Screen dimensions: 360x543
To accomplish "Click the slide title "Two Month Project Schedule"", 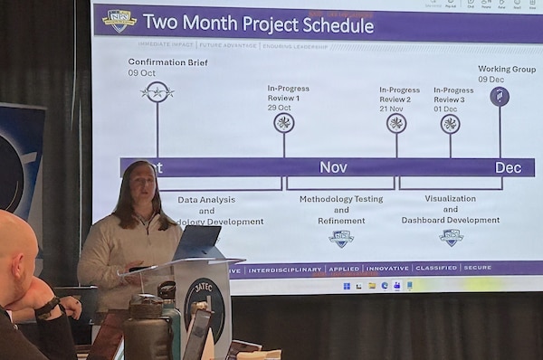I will pos(258,24).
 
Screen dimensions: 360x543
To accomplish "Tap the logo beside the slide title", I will pos(119,22).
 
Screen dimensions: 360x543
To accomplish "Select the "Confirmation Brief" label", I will pos(167,62).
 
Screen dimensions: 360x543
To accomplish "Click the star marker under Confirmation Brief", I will pos(157,92).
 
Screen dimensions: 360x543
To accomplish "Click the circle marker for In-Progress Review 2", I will pos(395,123).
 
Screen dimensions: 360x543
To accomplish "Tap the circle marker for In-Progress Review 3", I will pos(450,124).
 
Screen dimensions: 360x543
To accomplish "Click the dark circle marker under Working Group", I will pos(500,96).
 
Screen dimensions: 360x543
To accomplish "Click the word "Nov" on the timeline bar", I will pos(333,167).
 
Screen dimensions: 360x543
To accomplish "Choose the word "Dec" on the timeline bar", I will pos(508,167).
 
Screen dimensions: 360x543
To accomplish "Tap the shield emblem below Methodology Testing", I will pos(341,238).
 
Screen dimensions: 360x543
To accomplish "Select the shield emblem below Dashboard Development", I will pos(451,237).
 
